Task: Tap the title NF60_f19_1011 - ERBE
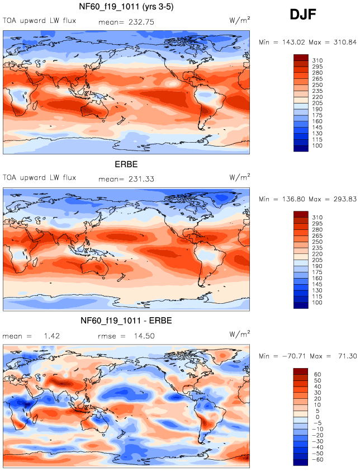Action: (126, 321)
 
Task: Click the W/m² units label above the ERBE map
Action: (240, 178)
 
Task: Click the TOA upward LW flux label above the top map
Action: (39, 21)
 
